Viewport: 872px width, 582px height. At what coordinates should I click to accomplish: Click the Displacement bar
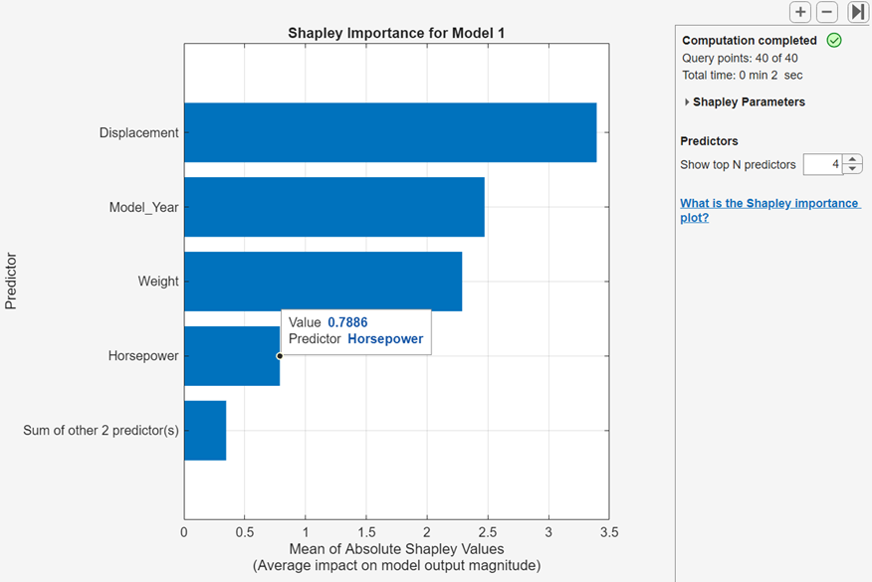390,132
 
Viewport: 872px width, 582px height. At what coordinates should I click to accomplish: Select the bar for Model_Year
333,207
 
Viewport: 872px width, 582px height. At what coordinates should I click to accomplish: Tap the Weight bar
323,282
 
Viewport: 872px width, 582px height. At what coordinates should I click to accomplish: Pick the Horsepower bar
231,356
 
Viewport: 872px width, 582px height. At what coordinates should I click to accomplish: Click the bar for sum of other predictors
205,431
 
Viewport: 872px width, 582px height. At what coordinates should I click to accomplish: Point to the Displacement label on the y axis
138,132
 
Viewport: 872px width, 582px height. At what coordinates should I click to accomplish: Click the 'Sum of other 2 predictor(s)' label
101,431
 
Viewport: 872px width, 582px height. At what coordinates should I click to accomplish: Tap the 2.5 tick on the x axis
487,532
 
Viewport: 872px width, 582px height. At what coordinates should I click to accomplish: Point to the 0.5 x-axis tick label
245,532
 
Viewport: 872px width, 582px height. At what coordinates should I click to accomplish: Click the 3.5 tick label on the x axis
608,532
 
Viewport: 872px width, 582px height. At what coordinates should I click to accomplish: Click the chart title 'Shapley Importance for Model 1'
396,33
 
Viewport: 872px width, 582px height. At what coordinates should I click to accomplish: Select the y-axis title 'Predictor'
11,282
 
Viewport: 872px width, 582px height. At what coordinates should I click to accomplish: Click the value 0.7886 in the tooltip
347,322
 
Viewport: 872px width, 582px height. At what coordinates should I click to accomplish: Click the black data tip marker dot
280,355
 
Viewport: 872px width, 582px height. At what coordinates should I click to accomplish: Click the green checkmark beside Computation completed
834,41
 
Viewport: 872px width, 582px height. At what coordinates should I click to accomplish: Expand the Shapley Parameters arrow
686,102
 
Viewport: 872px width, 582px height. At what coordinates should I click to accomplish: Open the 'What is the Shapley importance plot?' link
768,210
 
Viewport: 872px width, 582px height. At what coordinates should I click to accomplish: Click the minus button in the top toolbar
827,12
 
